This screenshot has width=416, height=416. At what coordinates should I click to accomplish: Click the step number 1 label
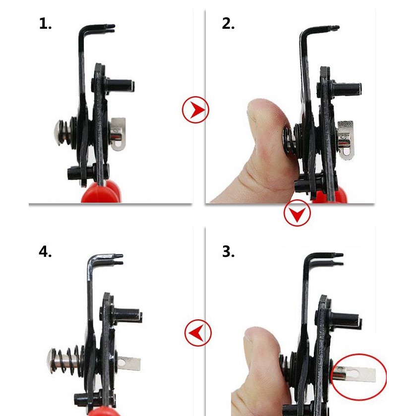click(x=45, y=24)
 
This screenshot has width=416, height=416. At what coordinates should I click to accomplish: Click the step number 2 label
click(x=228, y=24)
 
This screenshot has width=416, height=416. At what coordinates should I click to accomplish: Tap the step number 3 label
click(x=228, y=251)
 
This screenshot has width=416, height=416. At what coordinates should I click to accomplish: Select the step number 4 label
click(x=45, y=251)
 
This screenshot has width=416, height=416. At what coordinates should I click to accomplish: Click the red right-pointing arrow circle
click(x=195, y=110)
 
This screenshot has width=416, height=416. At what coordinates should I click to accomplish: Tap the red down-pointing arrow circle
click(x=297, y=213)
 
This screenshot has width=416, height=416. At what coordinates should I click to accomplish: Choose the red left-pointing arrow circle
click(x=198, y=333)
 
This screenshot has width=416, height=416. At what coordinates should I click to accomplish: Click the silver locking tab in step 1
click(x=118, y=134)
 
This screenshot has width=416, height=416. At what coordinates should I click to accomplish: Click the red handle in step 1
click(x=101, y=192)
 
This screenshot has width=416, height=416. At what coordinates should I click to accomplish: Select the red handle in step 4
click(x=101, y=411)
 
